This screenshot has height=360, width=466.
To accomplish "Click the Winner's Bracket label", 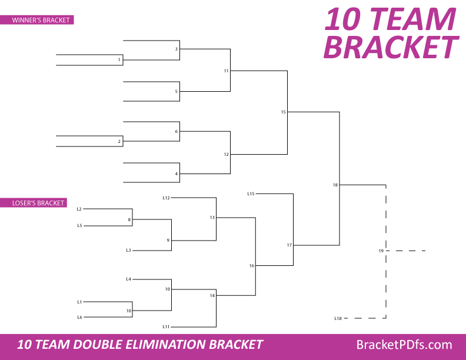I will (41, 20).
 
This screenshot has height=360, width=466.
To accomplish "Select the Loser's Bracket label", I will (38, 203).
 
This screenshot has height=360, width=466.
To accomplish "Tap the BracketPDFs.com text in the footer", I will (404, 345).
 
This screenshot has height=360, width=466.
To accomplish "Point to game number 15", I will (283, 112).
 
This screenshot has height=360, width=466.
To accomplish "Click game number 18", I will (335, 185).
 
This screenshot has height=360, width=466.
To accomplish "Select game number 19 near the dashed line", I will (381, 251).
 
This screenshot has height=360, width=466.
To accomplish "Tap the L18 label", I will (338, 318).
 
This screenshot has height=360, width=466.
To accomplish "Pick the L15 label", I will (251, 194).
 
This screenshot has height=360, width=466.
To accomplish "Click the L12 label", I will (166, 198).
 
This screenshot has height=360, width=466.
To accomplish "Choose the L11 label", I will (166, 326).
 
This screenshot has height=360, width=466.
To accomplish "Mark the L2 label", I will (79, 209).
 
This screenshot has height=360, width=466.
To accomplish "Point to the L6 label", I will (79, 317).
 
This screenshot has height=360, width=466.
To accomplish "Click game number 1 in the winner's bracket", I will (119, 60).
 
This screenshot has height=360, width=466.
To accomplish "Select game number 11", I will (226, 71).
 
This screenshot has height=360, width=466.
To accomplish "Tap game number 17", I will (289, 245).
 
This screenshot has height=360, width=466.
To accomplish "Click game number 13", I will (212, 218).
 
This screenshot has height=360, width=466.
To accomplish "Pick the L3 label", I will (128, 251).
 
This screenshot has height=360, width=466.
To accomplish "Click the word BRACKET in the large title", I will (391, 47).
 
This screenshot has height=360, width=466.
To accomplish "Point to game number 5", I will (176, 92).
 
